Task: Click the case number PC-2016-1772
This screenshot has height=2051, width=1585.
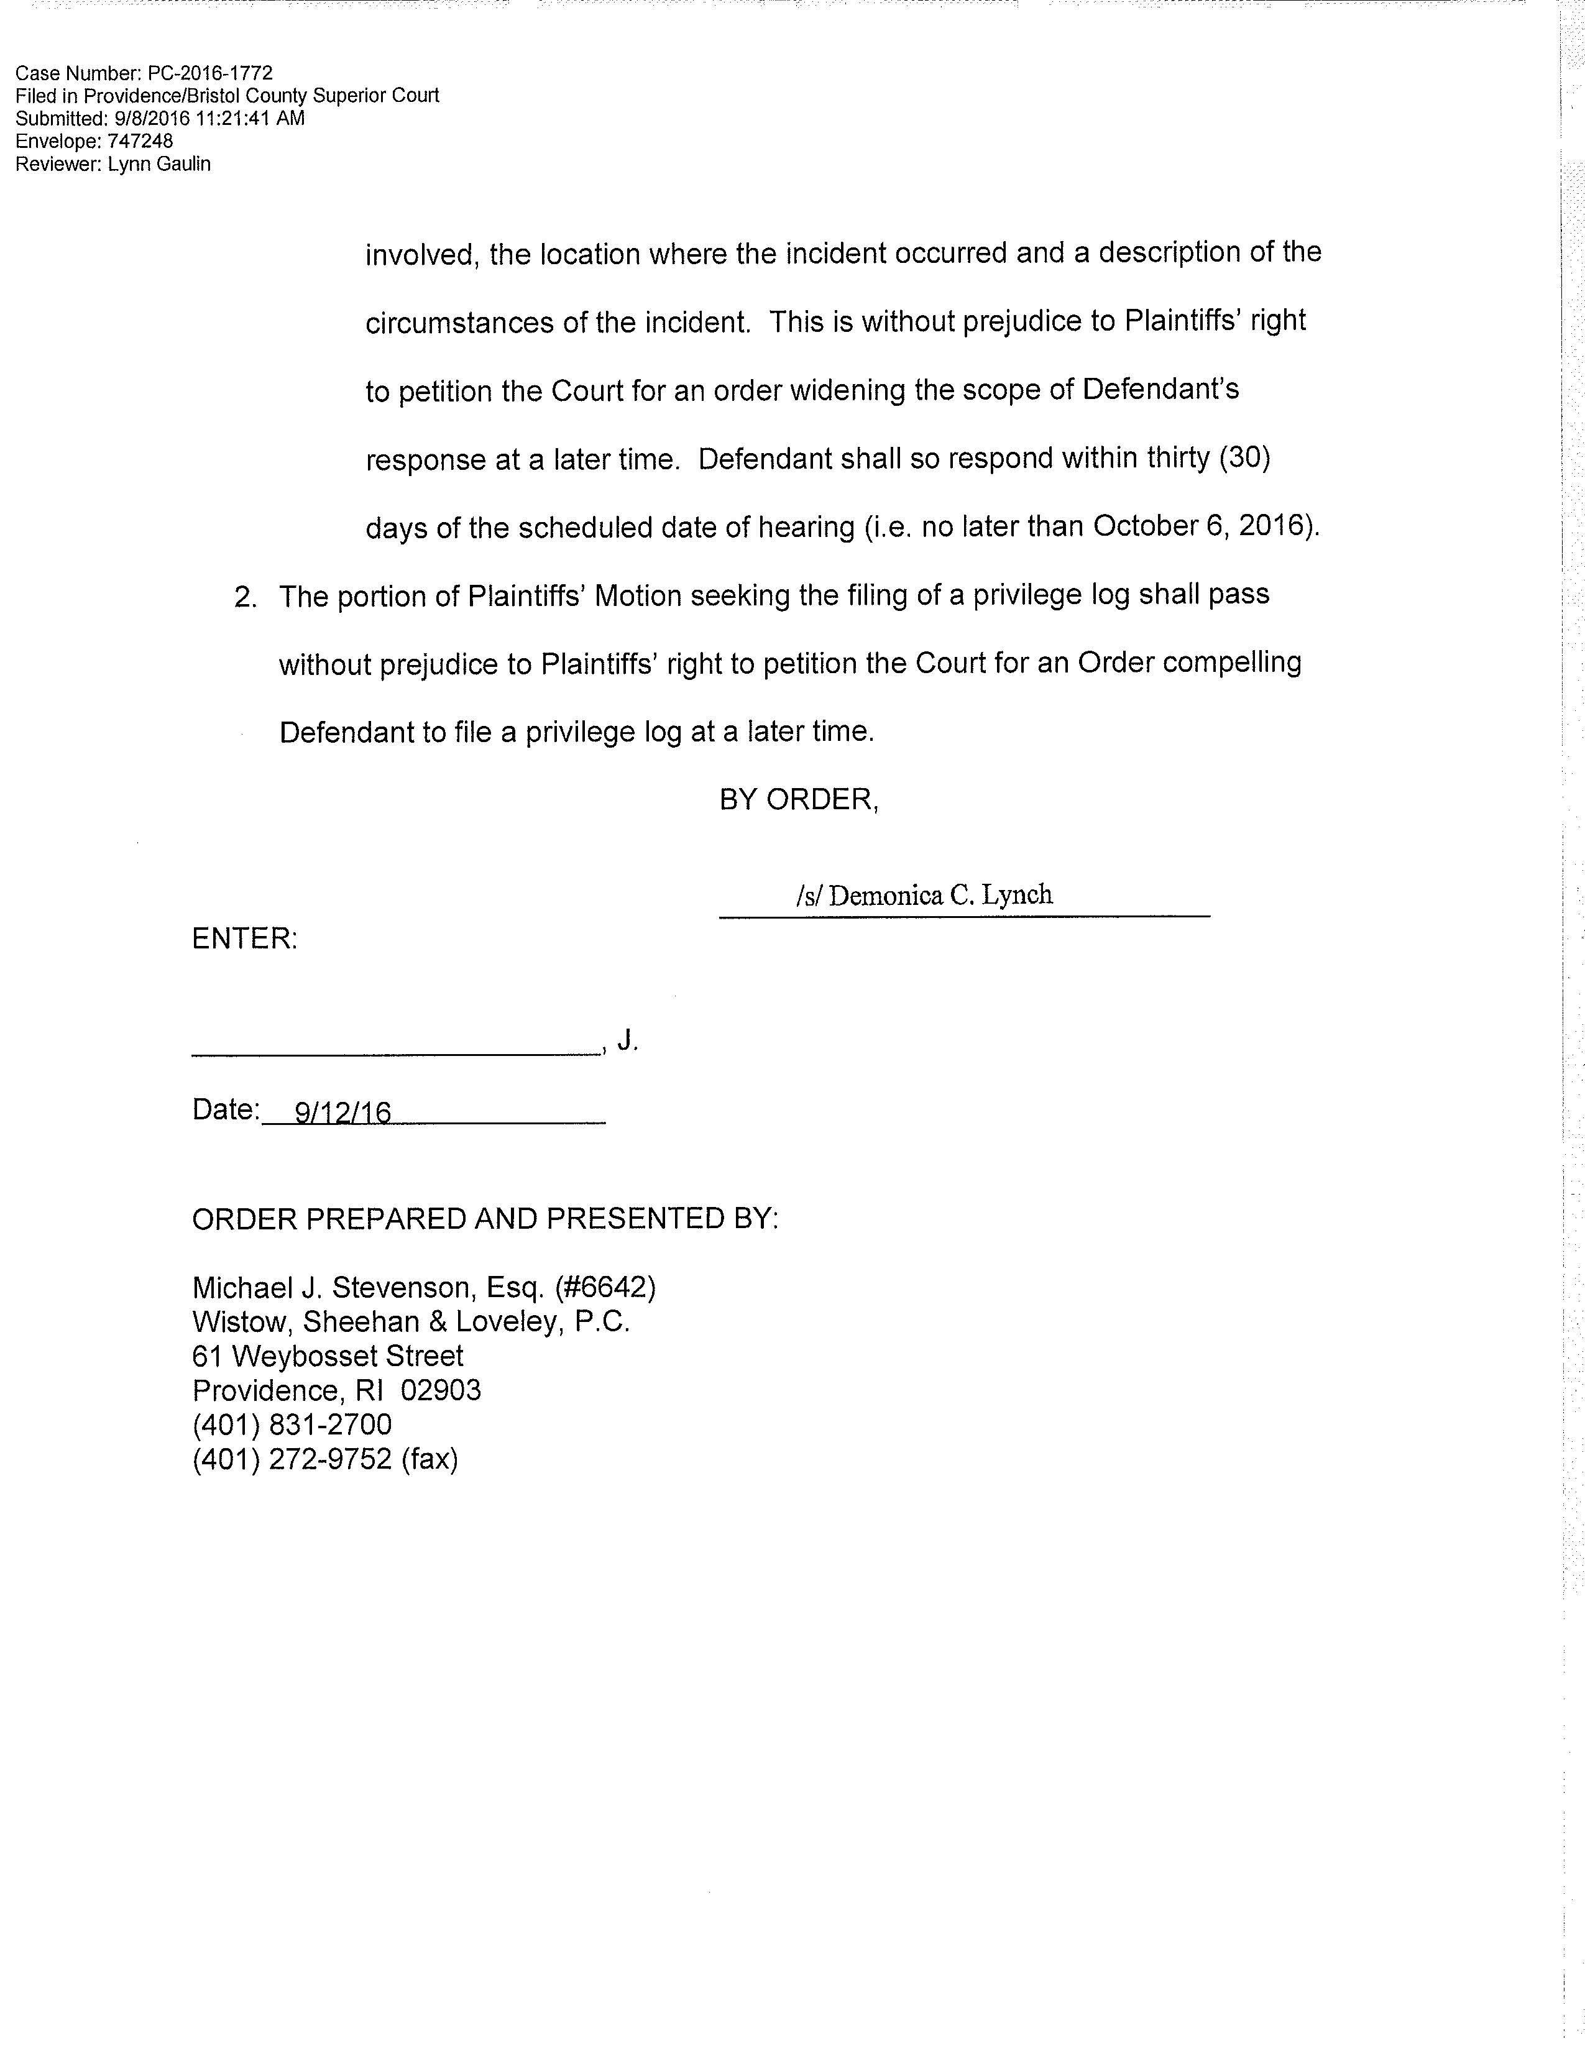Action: tap(210, 73)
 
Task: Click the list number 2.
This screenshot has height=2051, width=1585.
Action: tap(245, 597)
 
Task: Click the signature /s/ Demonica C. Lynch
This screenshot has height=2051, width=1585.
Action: tap(925, 895)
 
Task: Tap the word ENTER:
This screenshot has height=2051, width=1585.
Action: tap(245, 938)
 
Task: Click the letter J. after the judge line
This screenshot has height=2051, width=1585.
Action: tap(627, 1040)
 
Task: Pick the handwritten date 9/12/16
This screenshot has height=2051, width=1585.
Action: tap(342, 1113)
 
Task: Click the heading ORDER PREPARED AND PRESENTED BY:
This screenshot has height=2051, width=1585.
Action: tap(485, 1218)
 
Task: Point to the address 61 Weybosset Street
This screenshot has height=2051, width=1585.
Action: tap(328, 1356)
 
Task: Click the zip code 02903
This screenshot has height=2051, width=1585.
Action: tap(441, 1391)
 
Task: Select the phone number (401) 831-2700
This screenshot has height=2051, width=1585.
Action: tap(292, 1425)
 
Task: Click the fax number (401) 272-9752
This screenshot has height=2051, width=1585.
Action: tap(292, 1459)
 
